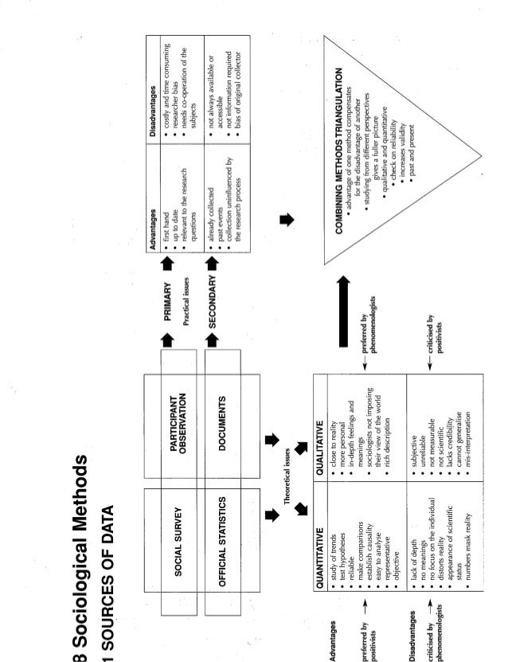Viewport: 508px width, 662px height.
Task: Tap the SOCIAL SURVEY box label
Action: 179,541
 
